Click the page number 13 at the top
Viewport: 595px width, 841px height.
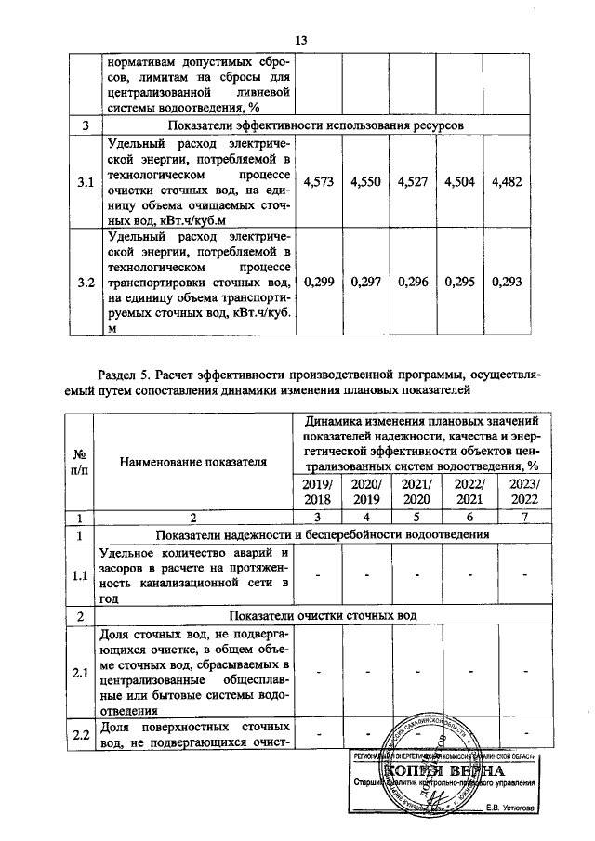(300, 40)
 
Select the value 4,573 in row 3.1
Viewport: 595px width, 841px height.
(320, 181)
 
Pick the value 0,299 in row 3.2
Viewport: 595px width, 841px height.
(320, 282)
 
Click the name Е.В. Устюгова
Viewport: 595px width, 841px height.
(510, 807)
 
